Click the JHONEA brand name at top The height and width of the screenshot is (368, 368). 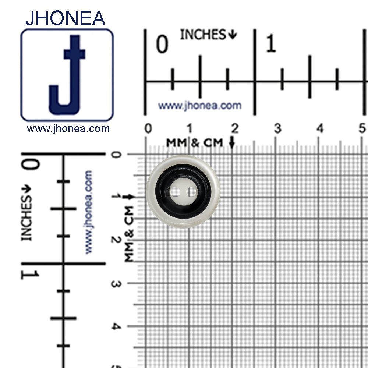(x=65, y=18)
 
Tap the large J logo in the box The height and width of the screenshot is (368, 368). (x=67, y=75)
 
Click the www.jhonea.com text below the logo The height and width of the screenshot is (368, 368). (x=68, y=129)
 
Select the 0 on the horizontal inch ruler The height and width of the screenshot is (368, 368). (x=162, y=45)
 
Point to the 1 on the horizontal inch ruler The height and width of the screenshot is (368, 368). (x=271, y=45)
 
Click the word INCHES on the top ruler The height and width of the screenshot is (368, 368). (x=203, y=35)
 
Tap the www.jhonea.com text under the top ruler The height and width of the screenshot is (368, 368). (x=200, y=106)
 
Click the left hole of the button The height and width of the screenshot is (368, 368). (x=176, y=192)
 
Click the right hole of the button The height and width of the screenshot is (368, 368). (x=191, y=192)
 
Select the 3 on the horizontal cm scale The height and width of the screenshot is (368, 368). (x=277, y=129)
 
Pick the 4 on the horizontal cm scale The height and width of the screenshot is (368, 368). (x=320, y=129)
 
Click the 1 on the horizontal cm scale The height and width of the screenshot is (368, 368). (x=189, y=129)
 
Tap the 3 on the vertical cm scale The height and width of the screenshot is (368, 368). (x=116, y=284)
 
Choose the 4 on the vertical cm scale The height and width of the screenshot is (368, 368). (x=116, y=326)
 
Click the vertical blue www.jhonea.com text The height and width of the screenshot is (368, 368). (x=88, y=212)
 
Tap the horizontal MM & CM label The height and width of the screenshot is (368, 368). (x=195, y=143)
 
